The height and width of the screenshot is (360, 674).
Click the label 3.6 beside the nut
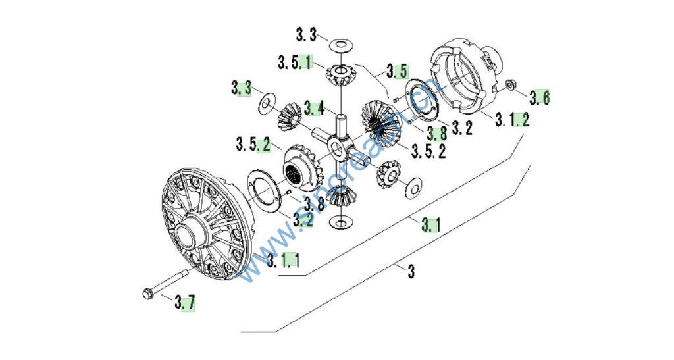540,97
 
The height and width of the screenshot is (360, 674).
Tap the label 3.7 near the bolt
185,303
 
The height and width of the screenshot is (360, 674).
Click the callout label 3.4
313,107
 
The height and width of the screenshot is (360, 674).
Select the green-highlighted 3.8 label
436,132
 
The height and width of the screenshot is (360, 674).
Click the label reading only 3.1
430,226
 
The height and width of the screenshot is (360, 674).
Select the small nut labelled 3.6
510,84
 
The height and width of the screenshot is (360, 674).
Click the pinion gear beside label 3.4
288,116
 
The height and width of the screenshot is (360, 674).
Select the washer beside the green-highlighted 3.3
267,102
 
